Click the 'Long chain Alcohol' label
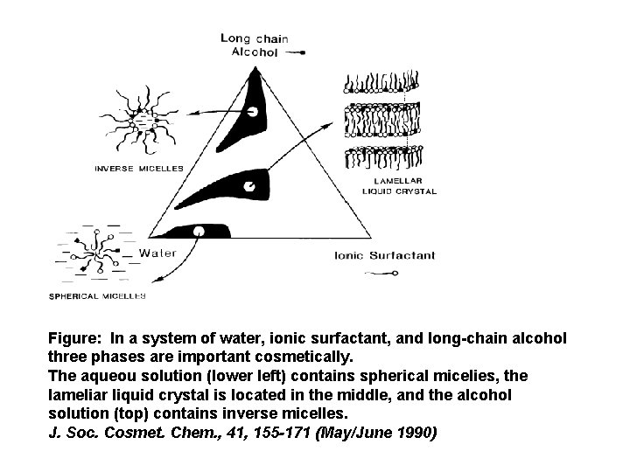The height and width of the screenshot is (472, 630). pos(254,45)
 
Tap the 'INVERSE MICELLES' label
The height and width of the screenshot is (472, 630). pos(139,168)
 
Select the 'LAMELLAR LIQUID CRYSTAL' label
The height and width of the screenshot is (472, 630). pos(399,185)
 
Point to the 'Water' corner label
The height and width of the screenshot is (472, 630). pos(157,253)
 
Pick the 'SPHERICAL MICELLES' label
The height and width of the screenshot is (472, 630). pos(96,296)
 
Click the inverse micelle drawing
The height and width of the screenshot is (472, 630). pos(136,116)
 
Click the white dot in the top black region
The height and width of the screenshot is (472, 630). pos(252,112)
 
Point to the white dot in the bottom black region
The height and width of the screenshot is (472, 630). pos(199,231)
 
